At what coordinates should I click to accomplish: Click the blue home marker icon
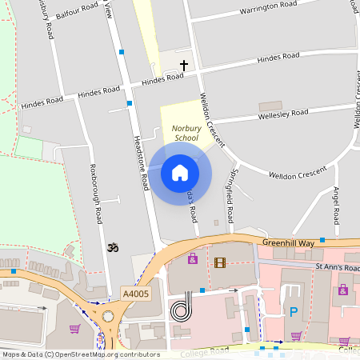click(x=180, y=172)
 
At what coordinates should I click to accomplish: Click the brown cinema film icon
click(x=220, y=262)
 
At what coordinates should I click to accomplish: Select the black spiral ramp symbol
click(x=182, y=306)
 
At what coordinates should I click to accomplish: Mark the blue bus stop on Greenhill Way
click(x=322, y=239)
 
